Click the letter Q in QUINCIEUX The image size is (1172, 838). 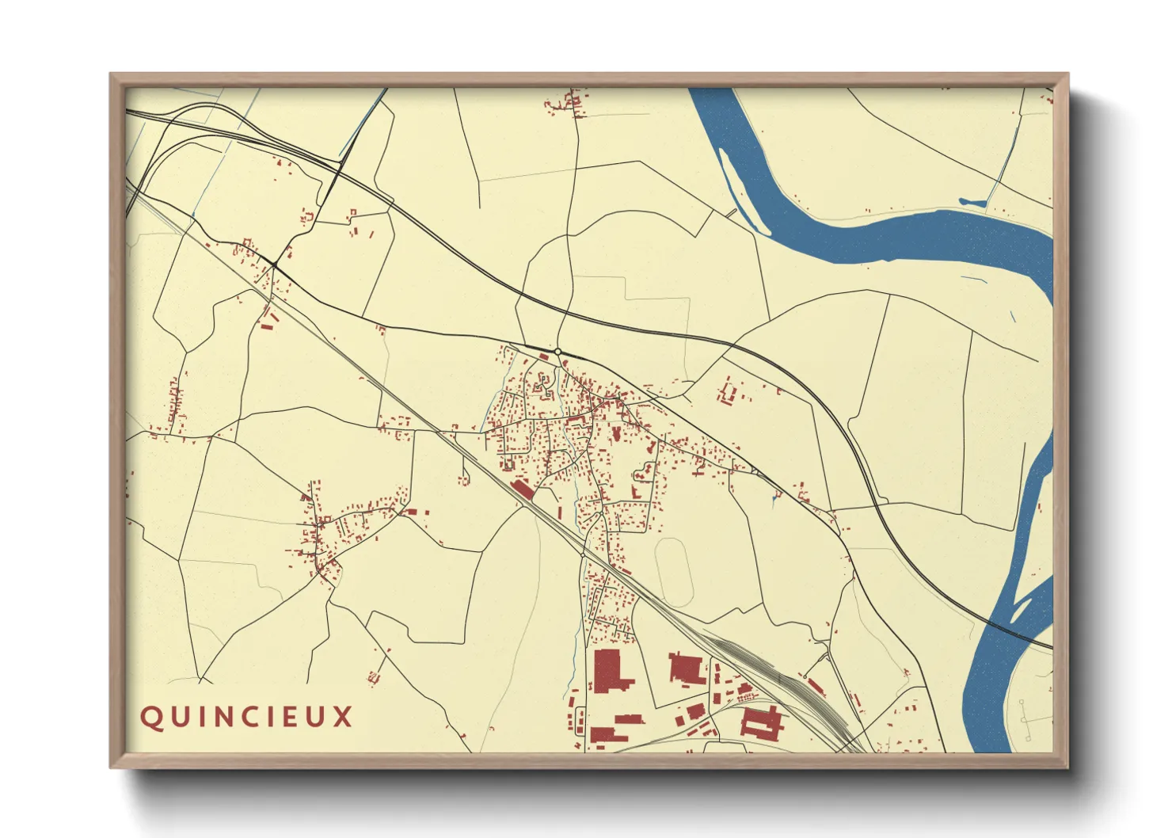(150, 718)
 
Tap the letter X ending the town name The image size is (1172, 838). (342, 717)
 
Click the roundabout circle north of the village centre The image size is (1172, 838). (557, 351)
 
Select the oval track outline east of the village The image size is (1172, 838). (674, 572)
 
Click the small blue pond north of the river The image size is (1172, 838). (972, 203)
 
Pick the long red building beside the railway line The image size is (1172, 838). (522, 488)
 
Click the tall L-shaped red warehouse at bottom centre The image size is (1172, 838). (609, 672)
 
